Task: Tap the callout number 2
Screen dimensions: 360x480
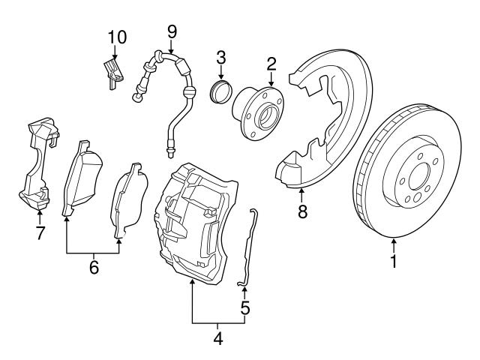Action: (271, 62)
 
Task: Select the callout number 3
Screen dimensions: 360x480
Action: (221, 56)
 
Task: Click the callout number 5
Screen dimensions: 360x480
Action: (244, 307)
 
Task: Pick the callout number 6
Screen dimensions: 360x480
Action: (94, 267)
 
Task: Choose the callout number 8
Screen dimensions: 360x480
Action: (301, 212)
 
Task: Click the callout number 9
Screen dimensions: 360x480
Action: (172, 31)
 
